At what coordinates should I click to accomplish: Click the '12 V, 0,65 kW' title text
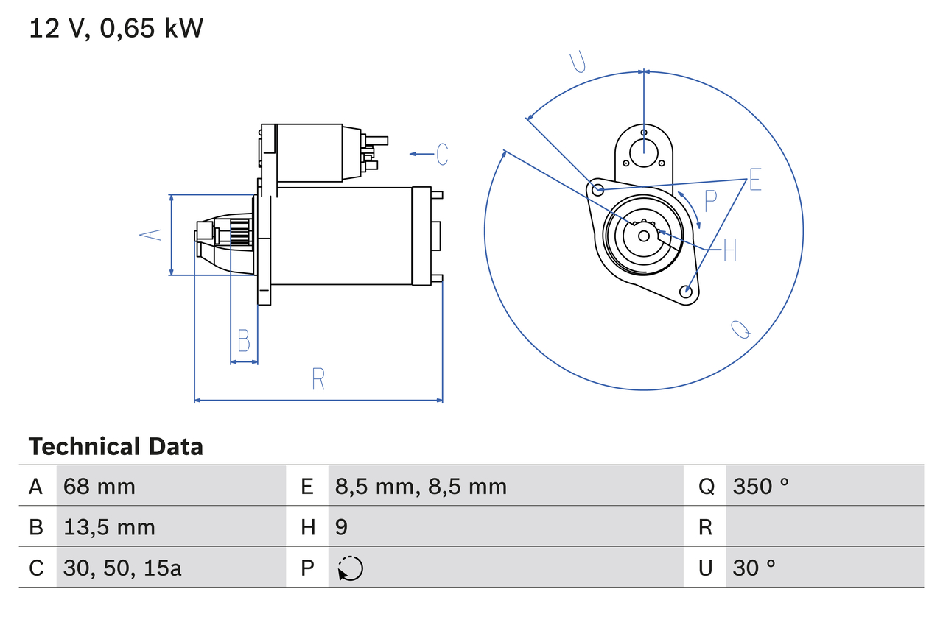[116, 29]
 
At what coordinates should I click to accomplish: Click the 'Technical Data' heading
[116, 447]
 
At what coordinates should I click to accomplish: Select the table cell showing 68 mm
[99, 486]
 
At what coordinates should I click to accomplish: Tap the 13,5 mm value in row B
[109, 527]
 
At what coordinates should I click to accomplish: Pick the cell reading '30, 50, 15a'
[122, 568]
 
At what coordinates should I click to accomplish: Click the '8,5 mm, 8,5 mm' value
[421, 486]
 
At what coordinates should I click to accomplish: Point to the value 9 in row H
[341, 527]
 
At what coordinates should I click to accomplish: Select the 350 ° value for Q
[760, 486]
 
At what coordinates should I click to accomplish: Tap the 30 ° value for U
[754, 568]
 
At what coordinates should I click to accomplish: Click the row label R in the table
[706, 527]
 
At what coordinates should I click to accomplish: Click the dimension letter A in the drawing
[151, 235]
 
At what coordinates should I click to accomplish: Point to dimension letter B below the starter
[244, 341]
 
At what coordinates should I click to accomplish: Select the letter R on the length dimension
[318, 379]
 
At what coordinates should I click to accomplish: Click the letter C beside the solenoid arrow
[442, 154]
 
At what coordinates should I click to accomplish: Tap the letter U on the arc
[578, 63]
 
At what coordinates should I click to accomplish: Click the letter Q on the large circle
[741, 329]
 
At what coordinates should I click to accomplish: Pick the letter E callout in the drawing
[754, 180]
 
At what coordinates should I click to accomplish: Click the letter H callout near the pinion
[729, 251]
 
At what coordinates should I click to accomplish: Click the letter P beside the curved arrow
[710, 200]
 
